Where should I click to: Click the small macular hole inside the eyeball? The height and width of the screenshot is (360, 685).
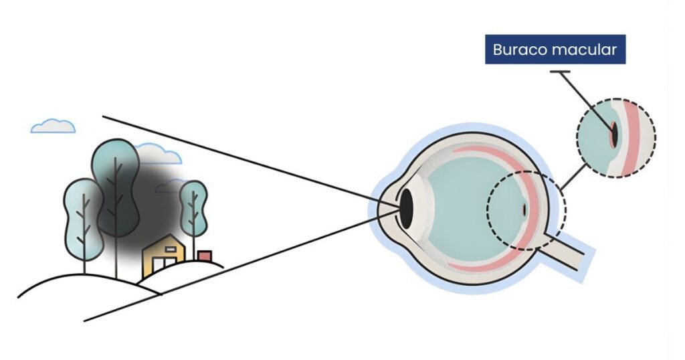(x=524, y=210)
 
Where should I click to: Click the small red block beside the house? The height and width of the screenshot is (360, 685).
(x=205, y=256)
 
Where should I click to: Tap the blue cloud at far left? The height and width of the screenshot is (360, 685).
(x=53, y=126)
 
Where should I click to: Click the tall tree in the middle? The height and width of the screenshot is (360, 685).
(x=115, y=181)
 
